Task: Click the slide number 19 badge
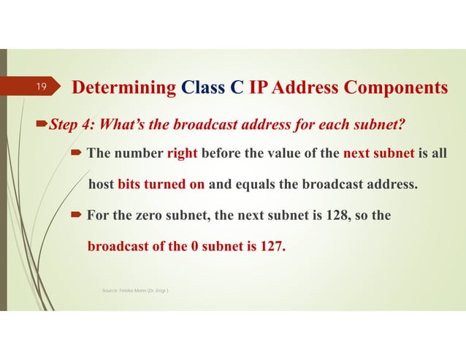[x=42, y=88]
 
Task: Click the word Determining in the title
[x=123, y=88]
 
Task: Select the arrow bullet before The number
[x=77, y=153]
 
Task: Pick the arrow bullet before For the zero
[x=77, y=215]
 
